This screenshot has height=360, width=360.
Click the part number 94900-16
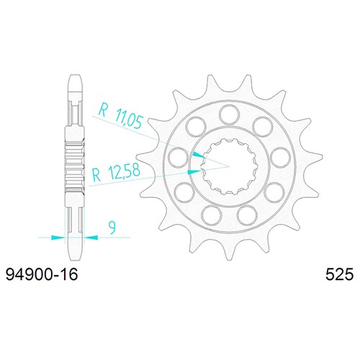[42, 274]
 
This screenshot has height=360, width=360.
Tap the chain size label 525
[339, 274]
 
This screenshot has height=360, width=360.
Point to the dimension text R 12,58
[116, 173]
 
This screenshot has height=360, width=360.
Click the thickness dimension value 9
[112, 228]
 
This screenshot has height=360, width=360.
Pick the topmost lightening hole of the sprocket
[230, 115]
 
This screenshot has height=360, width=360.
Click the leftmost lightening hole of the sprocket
[178, 157]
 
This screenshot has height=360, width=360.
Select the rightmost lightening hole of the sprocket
[280, 157]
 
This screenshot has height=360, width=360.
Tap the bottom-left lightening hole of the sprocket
[212, 215]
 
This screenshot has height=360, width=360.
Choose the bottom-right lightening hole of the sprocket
[248, 215]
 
